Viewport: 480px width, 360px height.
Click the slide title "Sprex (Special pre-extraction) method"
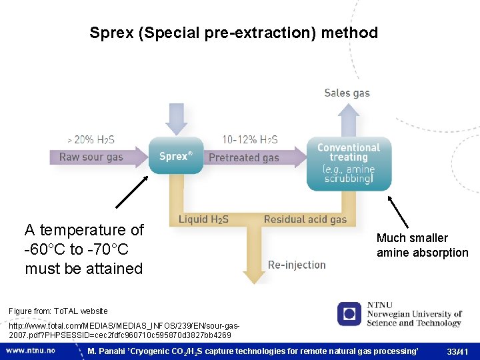[x=233, y=33]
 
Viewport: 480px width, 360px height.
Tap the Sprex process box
[x=175, y=156]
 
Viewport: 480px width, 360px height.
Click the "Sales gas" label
[x=347, y=93]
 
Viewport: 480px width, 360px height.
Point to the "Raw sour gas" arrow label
[x=91, y=157]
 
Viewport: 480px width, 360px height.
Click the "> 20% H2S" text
[x=91, y=139]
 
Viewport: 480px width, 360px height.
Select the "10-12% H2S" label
[x=250, y=139]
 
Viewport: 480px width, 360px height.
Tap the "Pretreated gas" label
[x=243, y=158]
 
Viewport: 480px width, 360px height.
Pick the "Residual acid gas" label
[x=305, y=219]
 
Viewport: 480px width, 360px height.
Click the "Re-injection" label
[x=297, y=265]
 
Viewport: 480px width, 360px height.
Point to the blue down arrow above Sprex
[x=176, y=119]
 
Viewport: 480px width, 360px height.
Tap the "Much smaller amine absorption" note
[x=422, y=245]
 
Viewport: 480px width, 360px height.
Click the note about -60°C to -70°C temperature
[x=84, y=249]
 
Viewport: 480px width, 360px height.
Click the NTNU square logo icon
[x=349, y=314]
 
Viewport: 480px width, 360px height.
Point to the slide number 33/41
[x=459, y=351]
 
